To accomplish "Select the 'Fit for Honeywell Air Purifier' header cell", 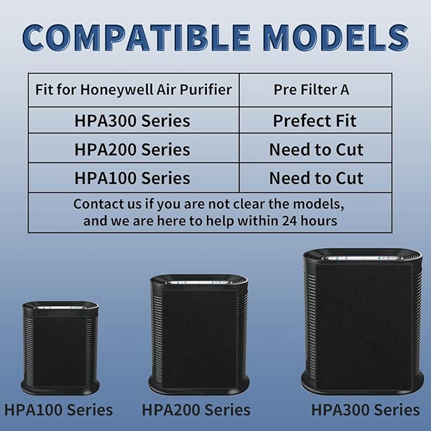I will click(133, 90).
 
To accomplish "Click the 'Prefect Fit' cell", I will click(315, 121).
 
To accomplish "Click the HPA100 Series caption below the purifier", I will click(58, 410).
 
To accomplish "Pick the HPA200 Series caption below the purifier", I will click(197, 410).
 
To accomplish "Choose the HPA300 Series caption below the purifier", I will click(366, 410).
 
